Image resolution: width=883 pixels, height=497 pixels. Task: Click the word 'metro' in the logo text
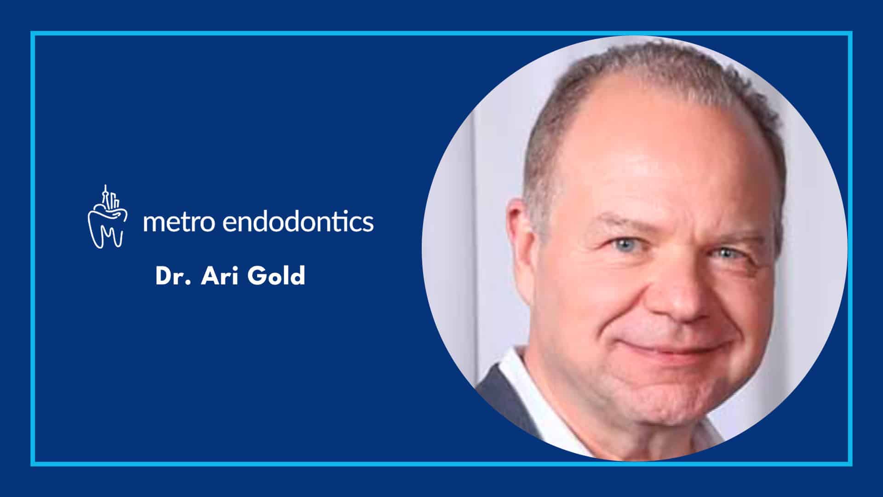[179, 222]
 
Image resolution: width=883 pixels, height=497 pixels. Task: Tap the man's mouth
[676, 347]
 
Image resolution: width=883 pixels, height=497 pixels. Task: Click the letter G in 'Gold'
[258, 276]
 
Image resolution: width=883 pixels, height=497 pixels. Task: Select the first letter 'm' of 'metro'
[154, 223]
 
